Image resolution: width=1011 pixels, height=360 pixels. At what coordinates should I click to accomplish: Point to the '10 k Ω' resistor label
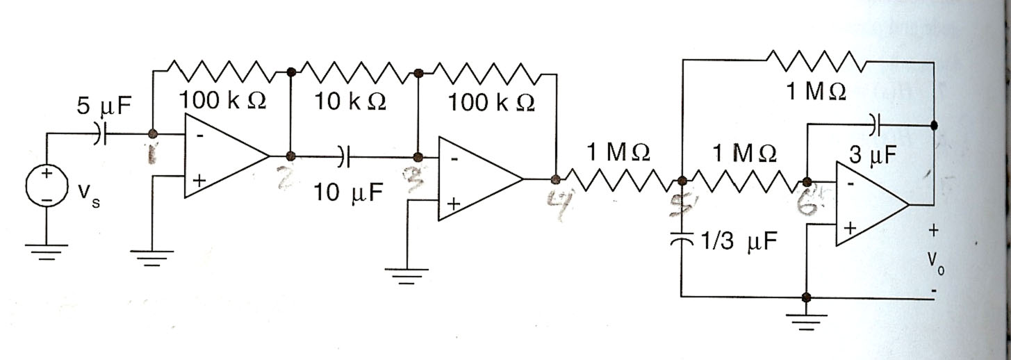pos(350,102)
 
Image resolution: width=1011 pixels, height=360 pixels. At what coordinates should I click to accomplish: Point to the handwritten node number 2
pos(285,179)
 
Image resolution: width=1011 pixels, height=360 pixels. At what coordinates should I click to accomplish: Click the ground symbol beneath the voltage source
pos(47,250)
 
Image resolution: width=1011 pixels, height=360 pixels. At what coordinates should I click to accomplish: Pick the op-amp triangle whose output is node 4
pos(479,179)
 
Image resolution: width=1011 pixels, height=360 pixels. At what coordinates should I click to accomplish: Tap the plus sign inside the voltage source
pos(47,174)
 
